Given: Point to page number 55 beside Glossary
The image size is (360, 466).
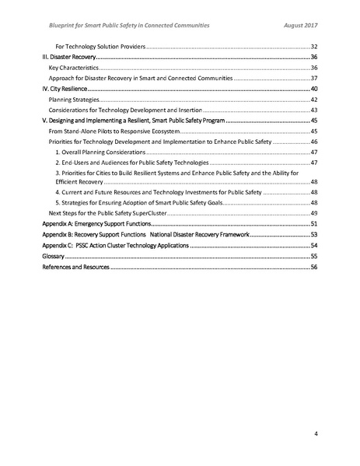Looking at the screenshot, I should (314, 255).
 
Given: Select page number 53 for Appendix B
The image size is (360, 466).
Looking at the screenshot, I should (314, 234).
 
